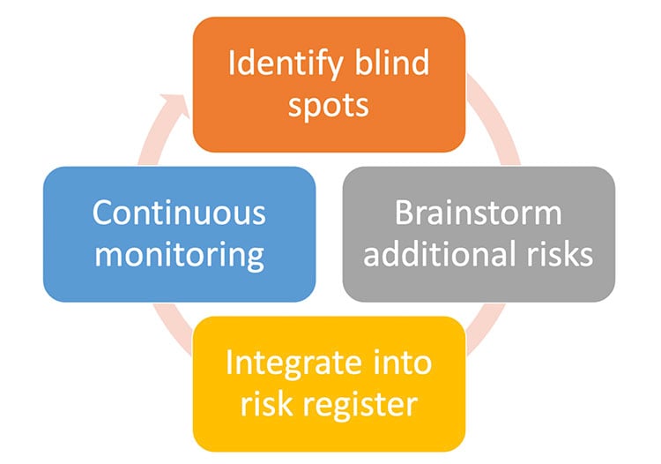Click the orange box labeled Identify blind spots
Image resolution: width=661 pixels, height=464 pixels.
[329, 83]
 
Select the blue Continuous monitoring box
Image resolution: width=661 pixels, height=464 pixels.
[179, 234]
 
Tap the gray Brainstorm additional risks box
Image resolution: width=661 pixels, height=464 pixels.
[479, 234]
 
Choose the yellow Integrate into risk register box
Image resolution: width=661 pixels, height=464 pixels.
[329, 383]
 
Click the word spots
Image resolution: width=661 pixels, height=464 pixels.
[329, 106]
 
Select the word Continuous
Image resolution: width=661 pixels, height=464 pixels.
[179, 213]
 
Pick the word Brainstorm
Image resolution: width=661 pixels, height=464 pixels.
[479, 213]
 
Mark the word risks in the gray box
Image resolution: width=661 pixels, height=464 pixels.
[557, 255]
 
